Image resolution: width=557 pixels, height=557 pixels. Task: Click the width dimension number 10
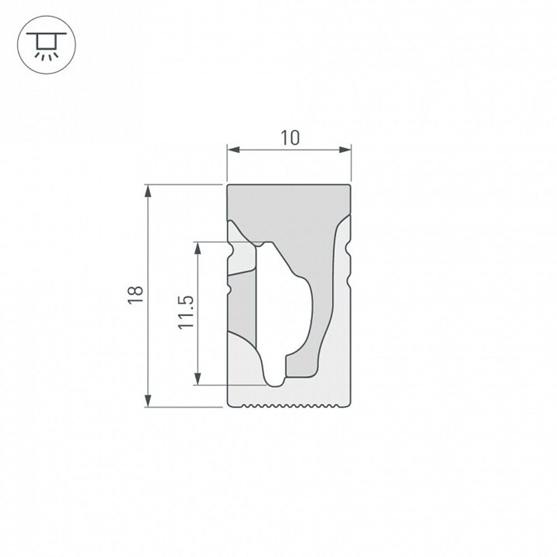pos(290,138)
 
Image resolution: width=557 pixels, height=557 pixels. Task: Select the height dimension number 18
pos(135,295)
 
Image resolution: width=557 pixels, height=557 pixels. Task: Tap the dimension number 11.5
pos(185,312)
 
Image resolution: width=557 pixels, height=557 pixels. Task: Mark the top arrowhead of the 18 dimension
pos(148,191)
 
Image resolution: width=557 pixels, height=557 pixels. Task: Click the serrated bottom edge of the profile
pos(290,405)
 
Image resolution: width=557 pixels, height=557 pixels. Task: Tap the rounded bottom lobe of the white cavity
pos(274,379)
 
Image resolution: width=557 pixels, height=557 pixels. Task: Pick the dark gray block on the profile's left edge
pos(243,306)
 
